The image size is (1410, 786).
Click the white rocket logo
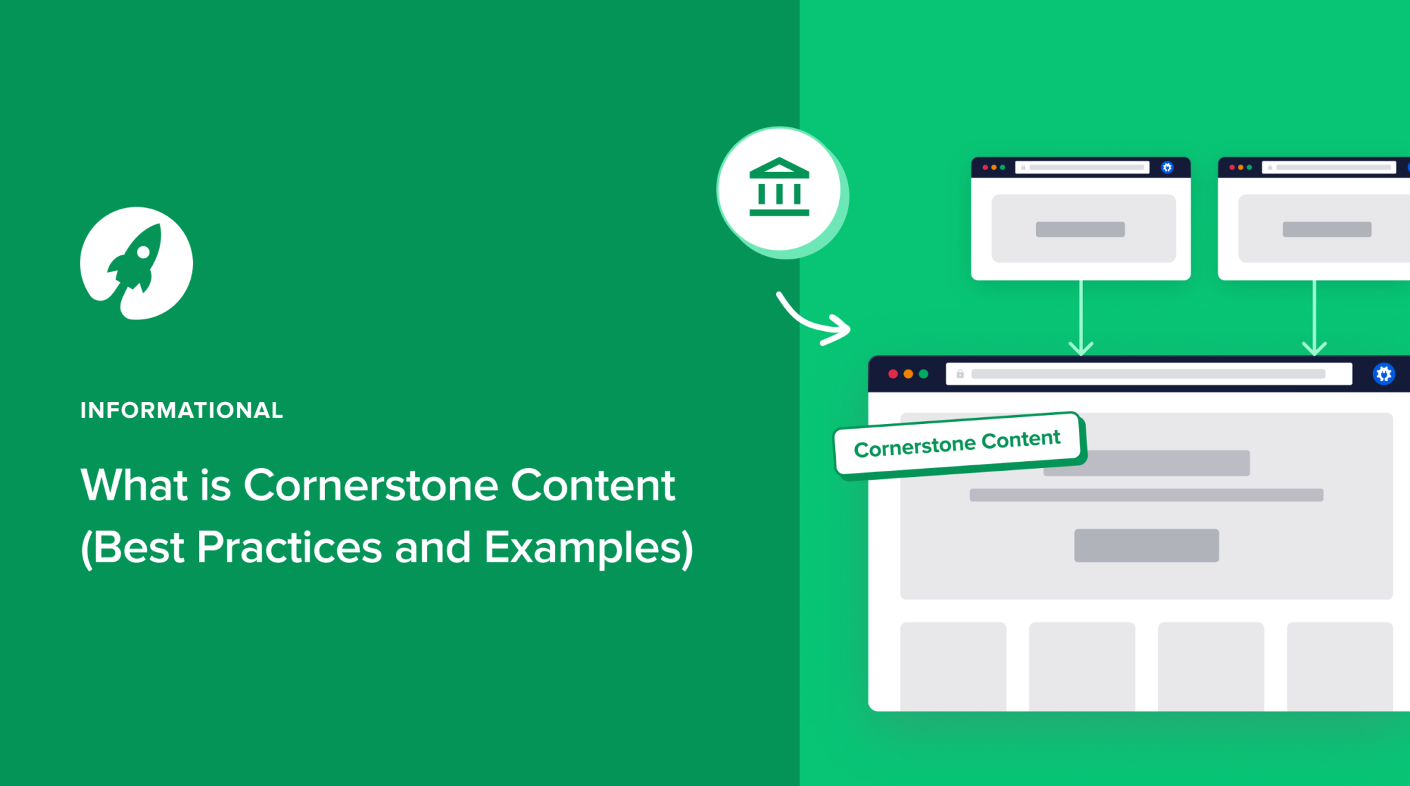point(136,263)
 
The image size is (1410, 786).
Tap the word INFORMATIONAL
point(182,410)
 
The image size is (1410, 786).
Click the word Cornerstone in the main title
point(370,485)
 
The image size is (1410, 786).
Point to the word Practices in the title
point(289,548)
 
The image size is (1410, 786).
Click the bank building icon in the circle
point(779,187)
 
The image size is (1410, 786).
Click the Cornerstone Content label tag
point(957,444)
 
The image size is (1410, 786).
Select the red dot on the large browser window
point(893,374)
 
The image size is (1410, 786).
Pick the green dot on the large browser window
point(924,374)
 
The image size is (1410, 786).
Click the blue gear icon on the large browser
point(1383,374)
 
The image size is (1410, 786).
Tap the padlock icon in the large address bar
point(960,374)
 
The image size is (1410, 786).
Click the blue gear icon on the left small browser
point(1167,167)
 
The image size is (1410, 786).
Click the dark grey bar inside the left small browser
point(1080,229)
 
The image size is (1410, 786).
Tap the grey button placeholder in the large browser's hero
point(1146,545)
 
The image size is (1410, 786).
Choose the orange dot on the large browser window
point(908,374)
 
